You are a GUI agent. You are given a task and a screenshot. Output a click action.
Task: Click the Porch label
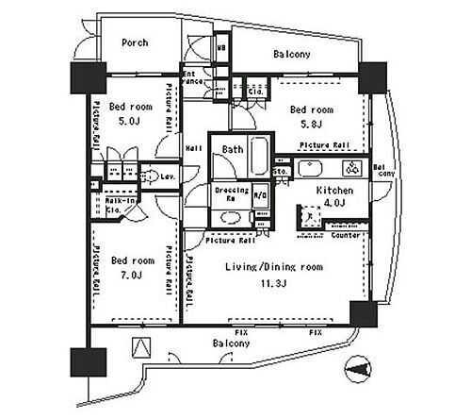[136, 42]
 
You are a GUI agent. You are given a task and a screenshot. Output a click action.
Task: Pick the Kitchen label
[334, 191]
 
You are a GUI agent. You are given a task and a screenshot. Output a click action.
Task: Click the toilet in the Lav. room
[148, 176]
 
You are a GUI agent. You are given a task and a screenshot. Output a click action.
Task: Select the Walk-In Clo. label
[121, 206]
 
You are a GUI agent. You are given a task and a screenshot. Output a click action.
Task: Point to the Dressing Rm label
[232, 195]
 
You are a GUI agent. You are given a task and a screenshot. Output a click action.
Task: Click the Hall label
[194, 147]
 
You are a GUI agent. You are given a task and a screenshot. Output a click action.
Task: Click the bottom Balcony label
[230, 344]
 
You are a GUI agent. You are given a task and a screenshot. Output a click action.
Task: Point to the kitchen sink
[311, 170]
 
